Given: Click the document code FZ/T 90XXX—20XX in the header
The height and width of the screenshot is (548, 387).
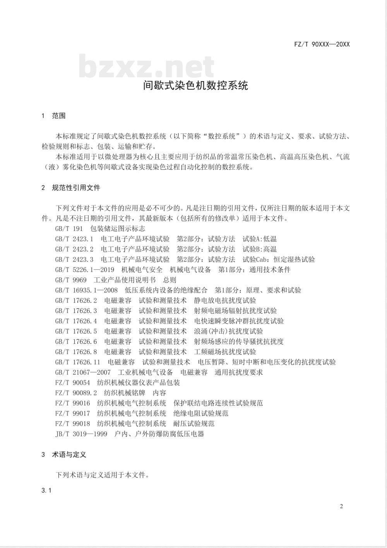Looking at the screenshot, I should (322, 44).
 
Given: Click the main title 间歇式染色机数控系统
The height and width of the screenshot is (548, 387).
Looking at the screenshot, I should (195, 85).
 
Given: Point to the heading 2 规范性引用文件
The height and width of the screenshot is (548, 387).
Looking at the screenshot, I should (71, 188).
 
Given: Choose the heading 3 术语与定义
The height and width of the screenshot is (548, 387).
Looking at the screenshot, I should (64, 454).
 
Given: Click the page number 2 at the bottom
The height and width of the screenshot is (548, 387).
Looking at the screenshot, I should (341, 506).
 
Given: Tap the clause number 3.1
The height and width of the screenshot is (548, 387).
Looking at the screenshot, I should (46, 490).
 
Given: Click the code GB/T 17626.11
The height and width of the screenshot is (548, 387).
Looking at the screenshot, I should (77, 362).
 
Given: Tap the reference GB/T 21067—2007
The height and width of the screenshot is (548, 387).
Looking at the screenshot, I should (83, 372).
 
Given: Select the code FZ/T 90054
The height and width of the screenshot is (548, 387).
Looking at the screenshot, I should (72, 383).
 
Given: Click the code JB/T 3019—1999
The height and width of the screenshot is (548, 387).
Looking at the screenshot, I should (81, 434).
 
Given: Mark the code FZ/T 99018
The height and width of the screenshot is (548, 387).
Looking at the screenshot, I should (72, 424).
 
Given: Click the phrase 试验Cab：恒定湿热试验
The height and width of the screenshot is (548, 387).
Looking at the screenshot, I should (279, 259).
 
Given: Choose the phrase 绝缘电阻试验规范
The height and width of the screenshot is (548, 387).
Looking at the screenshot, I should (201, 414).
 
